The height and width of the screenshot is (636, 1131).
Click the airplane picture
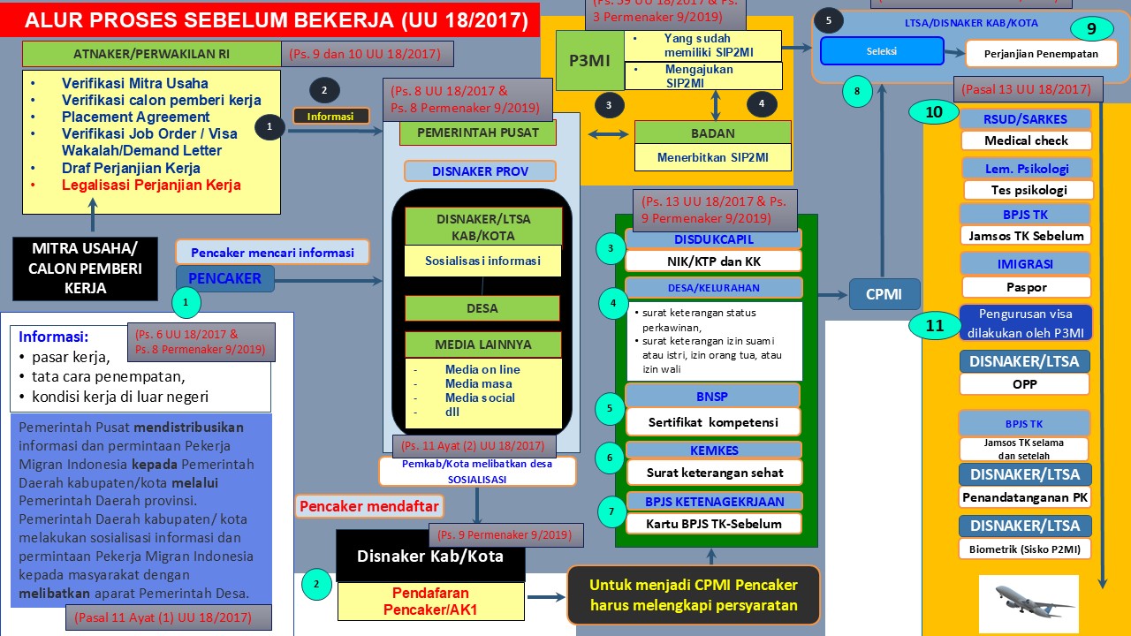coord(1029,603)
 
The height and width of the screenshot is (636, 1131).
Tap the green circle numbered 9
coord(1091,29)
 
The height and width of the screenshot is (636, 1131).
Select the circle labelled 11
coord(935,325)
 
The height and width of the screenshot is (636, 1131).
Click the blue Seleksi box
coord(881,51)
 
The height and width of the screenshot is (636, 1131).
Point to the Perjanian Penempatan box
coord(1041,54)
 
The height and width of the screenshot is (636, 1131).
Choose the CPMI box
coord(884,294)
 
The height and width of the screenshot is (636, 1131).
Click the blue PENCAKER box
coord(224,278)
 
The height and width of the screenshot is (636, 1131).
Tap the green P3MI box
coord(588,60)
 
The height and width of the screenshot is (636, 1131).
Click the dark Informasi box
coord(330,116)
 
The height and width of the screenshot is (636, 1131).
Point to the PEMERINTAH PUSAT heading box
coord(478,133)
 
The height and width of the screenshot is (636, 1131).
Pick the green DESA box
coord(482,308)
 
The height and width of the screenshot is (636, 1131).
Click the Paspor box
coord(1026,287)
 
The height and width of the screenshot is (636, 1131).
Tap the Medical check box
coord(1026,140)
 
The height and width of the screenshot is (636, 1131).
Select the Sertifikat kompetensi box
coord(713,421)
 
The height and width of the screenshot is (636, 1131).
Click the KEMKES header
coord(714,450)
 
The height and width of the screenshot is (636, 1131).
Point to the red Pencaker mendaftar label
coord(370,507)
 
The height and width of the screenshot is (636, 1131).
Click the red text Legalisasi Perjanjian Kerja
coord(151,185)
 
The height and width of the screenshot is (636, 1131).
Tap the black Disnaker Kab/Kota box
coord(429,556)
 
